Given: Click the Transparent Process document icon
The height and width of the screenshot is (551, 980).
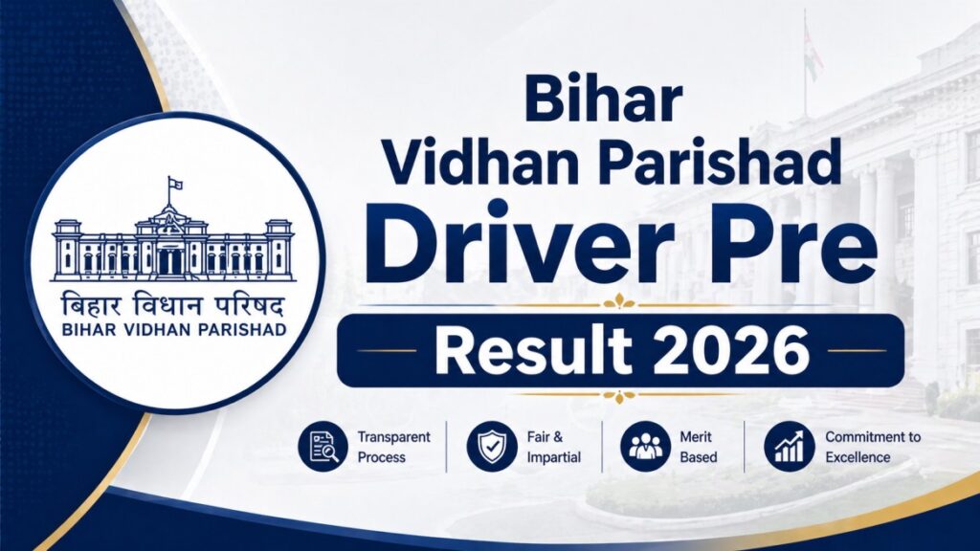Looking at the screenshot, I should coord(322,446).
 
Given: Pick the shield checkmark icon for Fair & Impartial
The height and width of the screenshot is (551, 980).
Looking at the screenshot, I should coord(491,446).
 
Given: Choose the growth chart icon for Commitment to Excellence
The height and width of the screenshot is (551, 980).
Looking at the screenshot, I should coord(789,446).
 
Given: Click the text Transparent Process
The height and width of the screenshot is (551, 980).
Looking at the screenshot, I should coord(393,447).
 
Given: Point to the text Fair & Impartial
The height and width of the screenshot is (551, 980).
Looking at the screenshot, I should coord(553,447).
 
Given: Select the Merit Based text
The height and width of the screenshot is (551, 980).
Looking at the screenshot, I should coord(699,447).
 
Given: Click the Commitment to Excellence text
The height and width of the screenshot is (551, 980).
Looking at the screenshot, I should coord(872,447).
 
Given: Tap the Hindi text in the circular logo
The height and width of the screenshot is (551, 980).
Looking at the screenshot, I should coord(172,307).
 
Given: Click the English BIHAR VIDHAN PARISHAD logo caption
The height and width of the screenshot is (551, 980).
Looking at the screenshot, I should coord(172,331).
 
